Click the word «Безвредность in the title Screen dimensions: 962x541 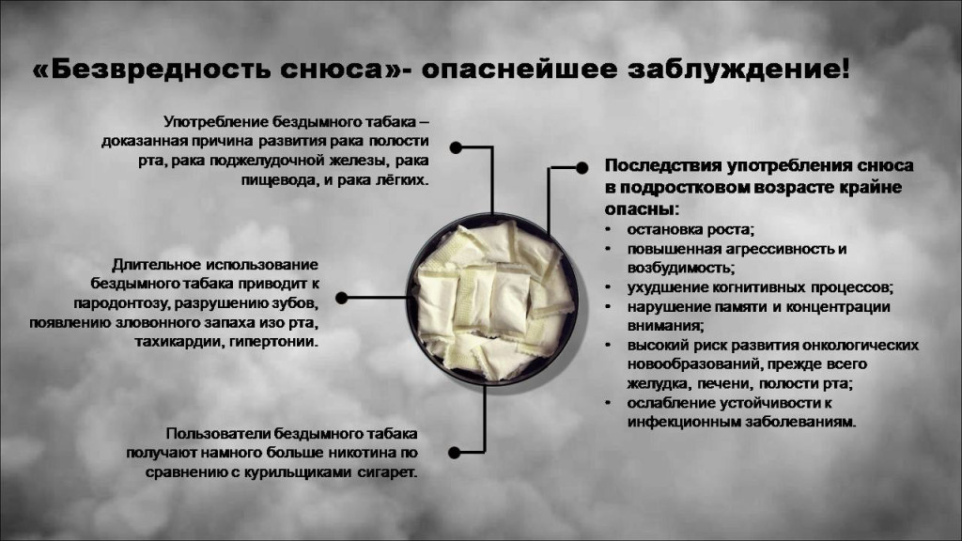point(151,69)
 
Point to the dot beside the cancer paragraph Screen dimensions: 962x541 point(456,147)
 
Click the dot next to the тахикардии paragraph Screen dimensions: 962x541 point(342,298)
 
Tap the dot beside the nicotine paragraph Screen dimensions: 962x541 point(454,453)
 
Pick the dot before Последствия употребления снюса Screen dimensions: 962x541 point(582,167)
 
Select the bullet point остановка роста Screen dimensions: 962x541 point(690,229)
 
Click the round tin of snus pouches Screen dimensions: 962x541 point(491,300)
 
